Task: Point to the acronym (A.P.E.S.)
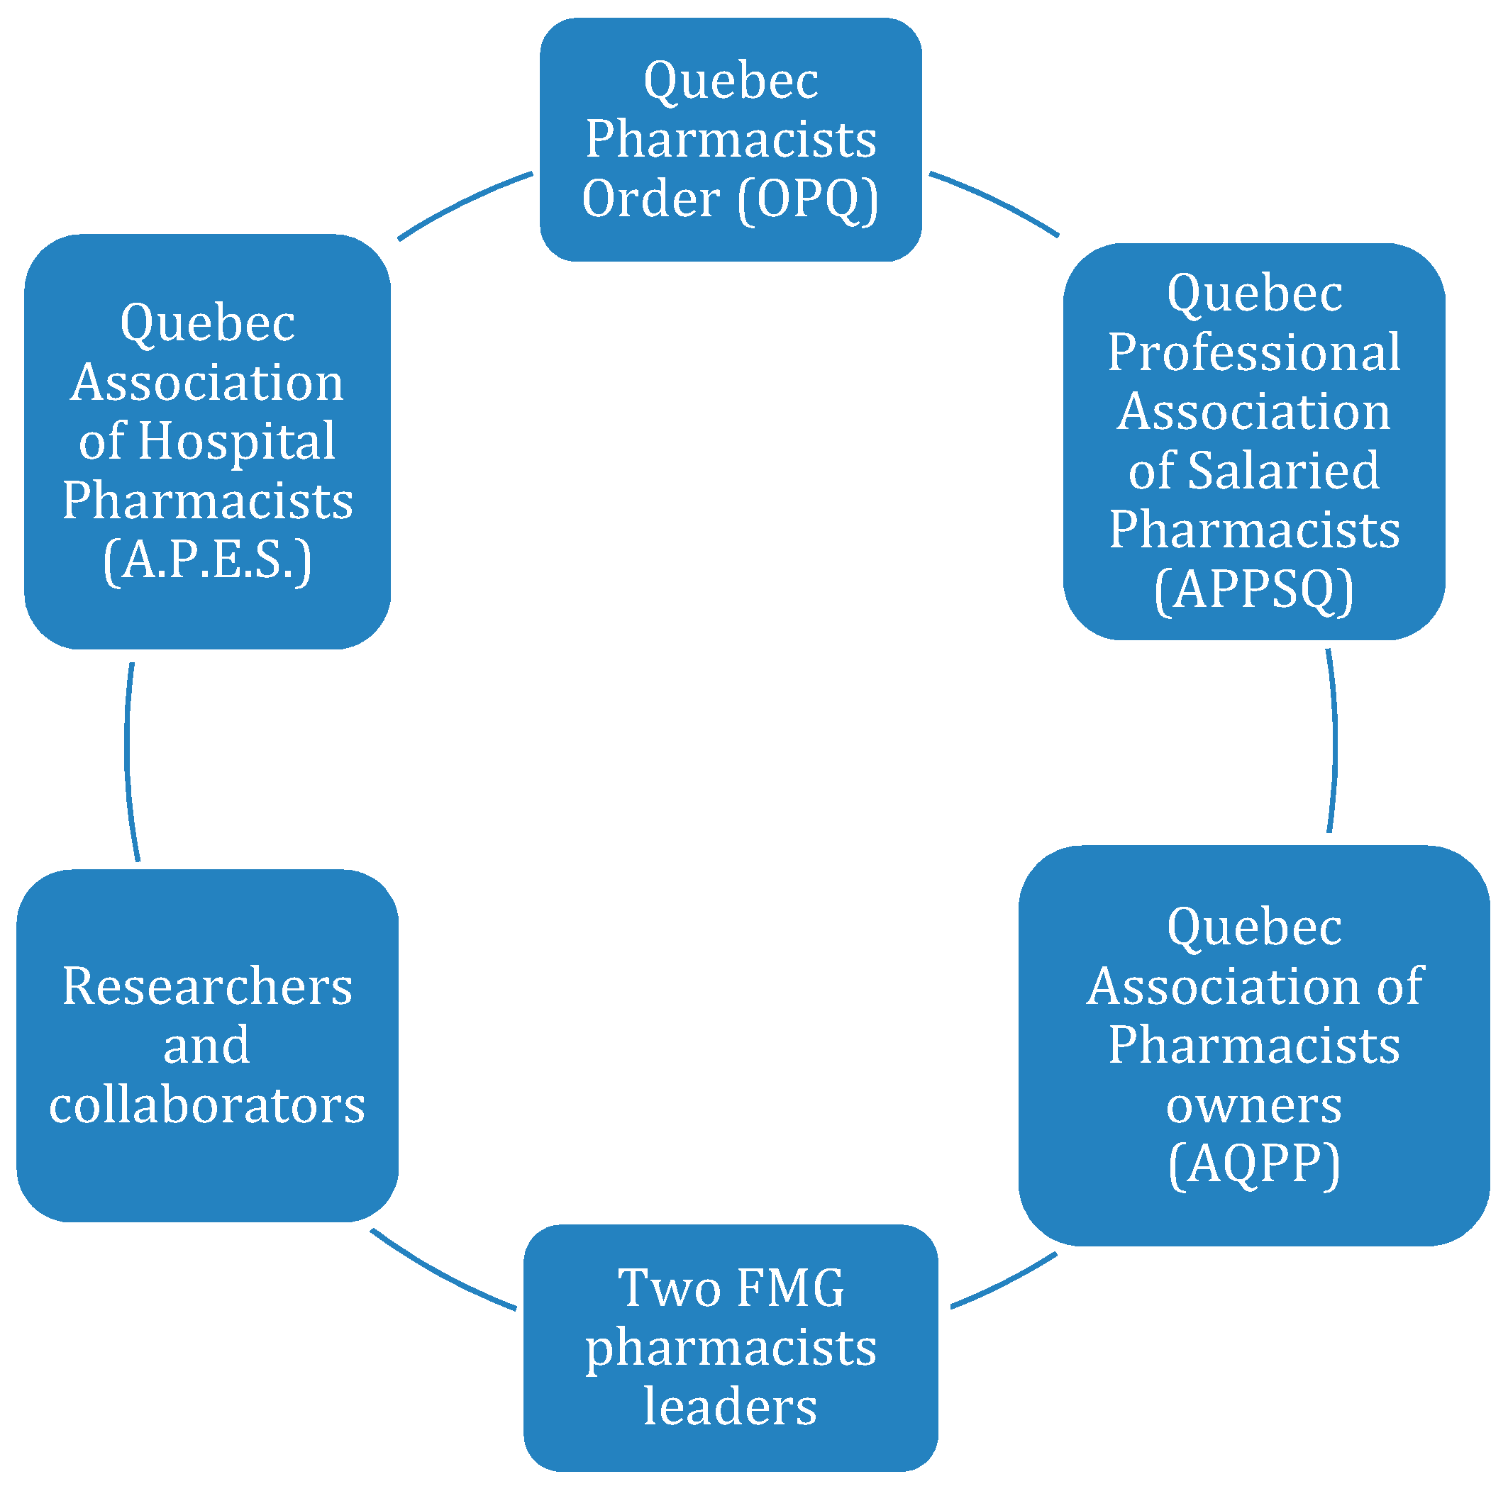(x=207, y=559)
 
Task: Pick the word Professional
(x=1253, y=352)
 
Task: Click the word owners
(x=1253, y=1105)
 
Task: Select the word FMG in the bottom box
(x=790, y=1288)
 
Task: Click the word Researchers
(x=207, y=986)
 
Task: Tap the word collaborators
(x=207, y=1105)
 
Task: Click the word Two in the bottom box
(x=668, y=1288)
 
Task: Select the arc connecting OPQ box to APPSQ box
(x=995, y=199)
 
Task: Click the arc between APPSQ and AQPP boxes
(x=1335, y=741)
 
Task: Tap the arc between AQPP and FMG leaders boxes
(x=1007, y=1282)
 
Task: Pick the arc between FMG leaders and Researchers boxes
(x=441, y=1274)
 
